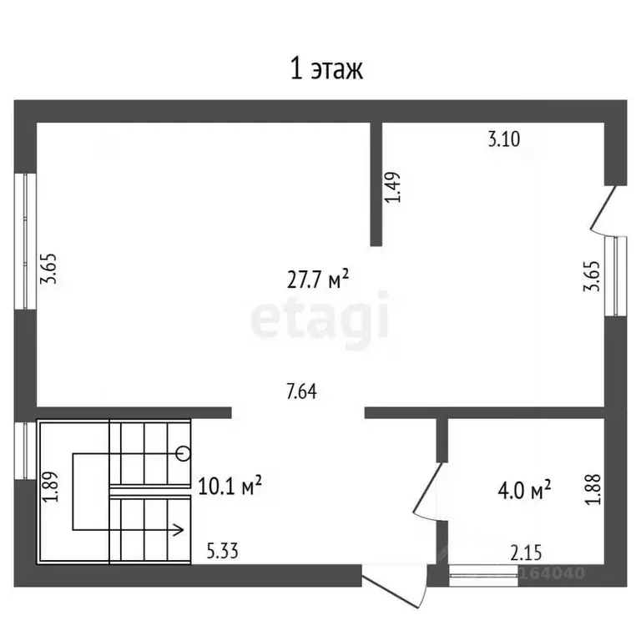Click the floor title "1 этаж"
click(x=326, y=69)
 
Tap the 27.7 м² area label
click(x=318, y=279)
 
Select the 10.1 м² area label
click(x=230, y=485)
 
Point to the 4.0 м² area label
click(x=524, y=490)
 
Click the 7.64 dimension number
click(x=301, y=391)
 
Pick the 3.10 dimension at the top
click(x=504, y=139)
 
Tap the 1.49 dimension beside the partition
click(x=393, y=187)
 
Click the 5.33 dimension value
click(x=222, y=551)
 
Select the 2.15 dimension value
click(x=526, y=553)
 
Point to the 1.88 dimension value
click(x=593, y=489)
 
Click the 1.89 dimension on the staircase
click(x=50, y=487)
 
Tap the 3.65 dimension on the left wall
click(x=48, y=269)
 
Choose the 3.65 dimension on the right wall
click(x=592, y=276)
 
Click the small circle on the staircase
click(x=183, y=453)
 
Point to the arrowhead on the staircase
click(x=178, y=530)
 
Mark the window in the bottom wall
click(x=483, y=575)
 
